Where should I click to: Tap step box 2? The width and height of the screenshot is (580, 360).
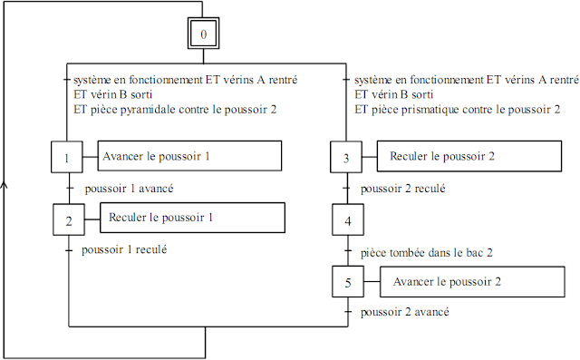coord(68,219)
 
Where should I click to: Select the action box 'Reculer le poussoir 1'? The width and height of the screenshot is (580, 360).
coord(179,218)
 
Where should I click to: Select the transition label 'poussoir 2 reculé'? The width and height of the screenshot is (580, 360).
coord(401,189)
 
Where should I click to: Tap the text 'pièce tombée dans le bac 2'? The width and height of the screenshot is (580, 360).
coord(426,250)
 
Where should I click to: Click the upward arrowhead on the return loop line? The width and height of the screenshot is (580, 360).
coord(5,184)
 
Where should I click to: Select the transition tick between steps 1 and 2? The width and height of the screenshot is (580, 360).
coord(69,189)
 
